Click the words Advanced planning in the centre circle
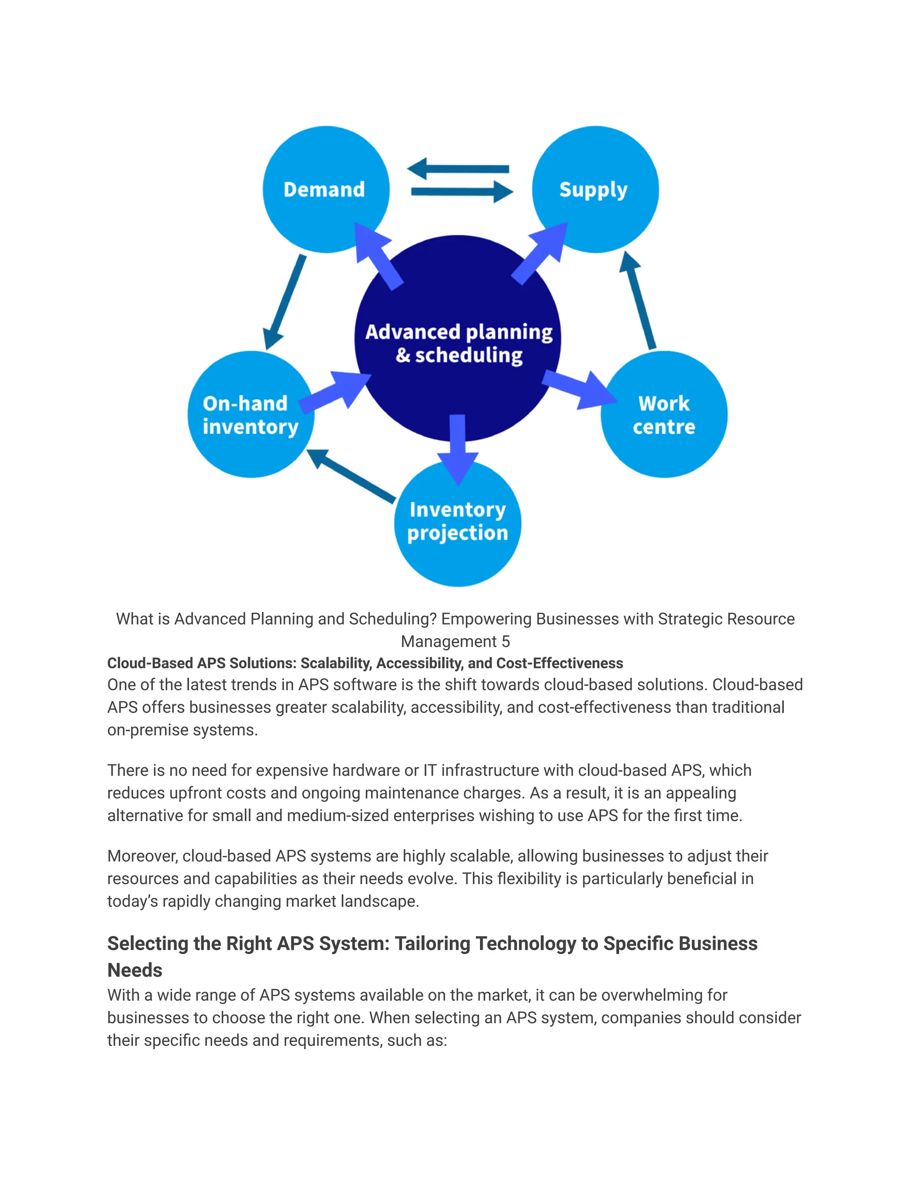point(459,331)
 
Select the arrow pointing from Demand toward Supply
point(461,192)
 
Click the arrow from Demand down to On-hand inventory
point(284,302)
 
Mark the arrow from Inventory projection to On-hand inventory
point(351,475)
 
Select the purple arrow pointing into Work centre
point(580,389)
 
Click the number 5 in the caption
point(506,641)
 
